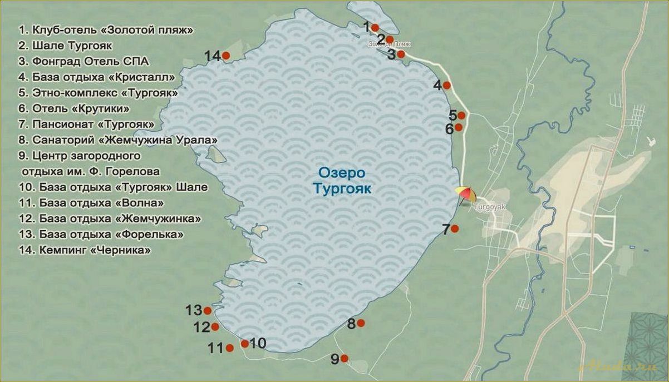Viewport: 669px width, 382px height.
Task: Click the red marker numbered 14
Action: (x=226, y=56)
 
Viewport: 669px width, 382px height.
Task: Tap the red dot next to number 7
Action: (x=455, y=229)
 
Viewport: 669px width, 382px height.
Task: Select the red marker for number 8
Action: (x=361, y=323)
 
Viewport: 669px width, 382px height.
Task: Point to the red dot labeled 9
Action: (x=345, y=359)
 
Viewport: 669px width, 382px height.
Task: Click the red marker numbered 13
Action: (x=208, y=311)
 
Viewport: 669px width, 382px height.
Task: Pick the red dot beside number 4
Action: (x=446, y=85)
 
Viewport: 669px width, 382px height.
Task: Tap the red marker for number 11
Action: (x=230, y=348)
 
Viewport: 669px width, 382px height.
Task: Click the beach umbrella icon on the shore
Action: (x=466, y=194)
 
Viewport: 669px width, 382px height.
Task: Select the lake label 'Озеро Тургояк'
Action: (x=341, y=180)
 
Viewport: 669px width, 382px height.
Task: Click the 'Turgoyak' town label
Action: (x=489, y=206)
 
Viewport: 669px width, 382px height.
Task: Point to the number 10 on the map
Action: (x=258, y=343)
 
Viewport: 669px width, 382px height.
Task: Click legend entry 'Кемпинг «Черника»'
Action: (x=84, y=251)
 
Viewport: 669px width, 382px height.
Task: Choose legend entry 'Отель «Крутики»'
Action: (x=74, y=108)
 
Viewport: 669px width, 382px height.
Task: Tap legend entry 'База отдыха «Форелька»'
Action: (x=101, y=235)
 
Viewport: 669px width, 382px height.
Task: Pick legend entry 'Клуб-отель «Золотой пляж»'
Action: (x=106, y=30)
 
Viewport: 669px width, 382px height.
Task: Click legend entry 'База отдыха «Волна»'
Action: (x=91, y=203)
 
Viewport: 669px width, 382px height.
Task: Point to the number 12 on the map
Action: (x=201, y=328)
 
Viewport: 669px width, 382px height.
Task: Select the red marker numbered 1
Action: (x=375, y=28)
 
